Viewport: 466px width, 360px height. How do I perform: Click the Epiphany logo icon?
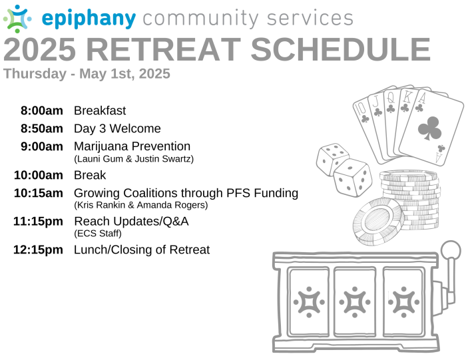click(17, 19)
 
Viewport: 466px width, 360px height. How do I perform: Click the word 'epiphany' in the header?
click(89, 19)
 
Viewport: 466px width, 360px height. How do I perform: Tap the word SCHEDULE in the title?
click(341, 49)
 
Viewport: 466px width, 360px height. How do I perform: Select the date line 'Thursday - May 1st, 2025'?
click(87, 74)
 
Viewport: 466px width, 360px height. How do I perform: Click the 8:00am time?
click(41, 110)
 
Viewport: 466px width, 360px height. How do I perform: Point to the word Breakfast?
click(100, 110)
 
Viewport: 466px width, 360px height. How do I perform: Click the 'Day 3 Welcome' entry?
click(117, 128)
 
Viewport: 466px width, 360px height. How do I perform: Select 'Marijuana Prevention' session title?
click(132, 146)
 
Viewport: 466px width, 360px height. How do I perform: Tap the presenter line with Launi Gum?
click(134, 159)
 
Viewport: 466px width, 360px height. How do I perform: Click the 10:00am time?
click(39, 175)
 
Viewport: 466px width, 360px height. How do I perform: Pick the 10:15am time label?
click(39, 193)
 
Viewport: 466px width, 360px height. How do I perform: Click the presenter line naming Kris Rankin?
click(141, 205)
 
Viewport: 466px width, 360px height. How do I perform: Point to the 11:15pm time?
click(38, 222)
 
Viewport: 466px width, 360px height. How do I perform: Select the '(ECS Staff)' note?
click(98, 234)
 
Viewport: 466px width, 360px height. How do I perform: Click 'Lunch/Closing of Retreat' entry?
click(142, 250)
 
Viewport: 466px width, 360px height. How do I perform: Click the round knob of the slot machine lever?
click(451, 250)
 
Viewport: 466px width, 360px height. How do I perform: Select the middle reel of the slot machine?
click(355, 301)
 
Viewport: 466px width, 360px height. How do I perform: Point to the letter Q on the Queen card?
click(391, 97)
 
